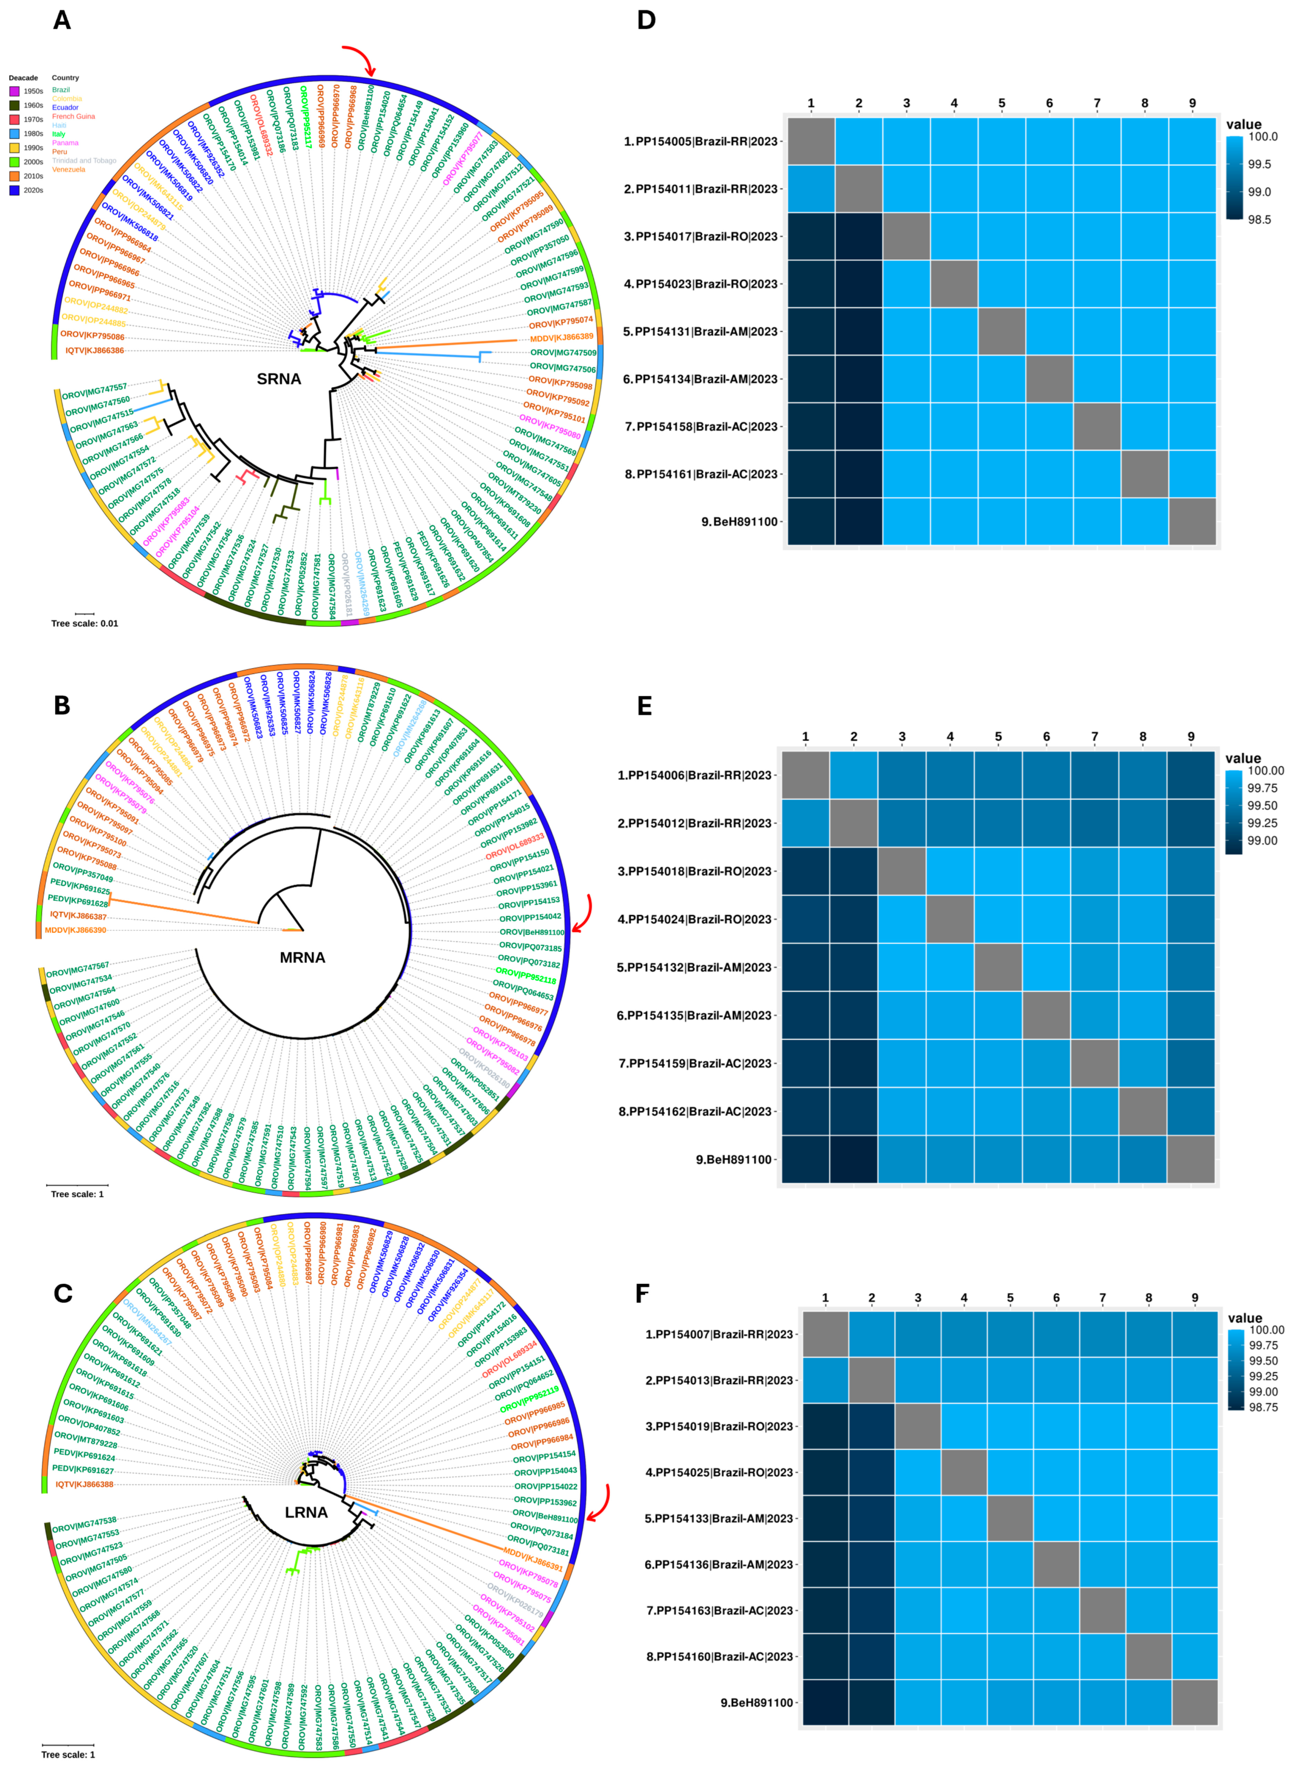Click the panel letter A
[x=62, y=20]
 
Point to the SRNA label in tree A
[x=279, y=379]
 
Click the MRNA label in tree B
[x=302, y=957]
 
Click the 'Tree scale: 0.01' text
[x=84, y=624]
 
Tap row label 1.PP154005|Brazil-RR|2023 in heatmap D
[x=701, y=142]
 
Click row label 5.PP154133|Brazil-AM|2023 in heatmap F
[x=719, y=1518]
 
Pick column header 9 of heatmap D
[x=1192, y=103]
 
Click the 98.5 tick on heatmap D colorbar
[x=1259, y=220]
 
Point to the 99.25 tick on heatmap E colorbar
[x=1263, y=823]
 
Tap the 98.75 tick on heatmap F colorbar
[x=1263, y=1407]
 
